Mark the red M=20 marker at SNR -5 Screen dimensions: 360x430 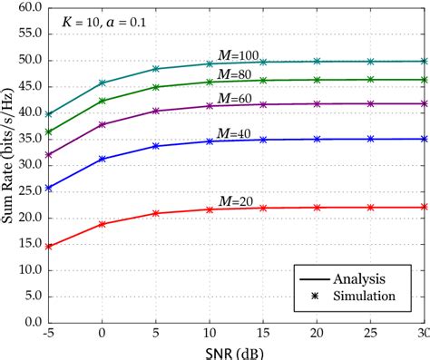(x=48, y=246)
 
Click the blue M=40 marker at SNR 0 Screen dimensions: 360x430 (x=102, y=159)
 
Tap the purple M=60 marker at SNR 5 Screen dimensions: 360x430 (x=156, y=112)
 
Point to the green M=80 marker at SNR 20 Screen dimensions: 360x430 (x=317, y=80)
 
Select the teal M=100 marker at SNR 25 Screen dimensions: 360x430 (x=370, y=62)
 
